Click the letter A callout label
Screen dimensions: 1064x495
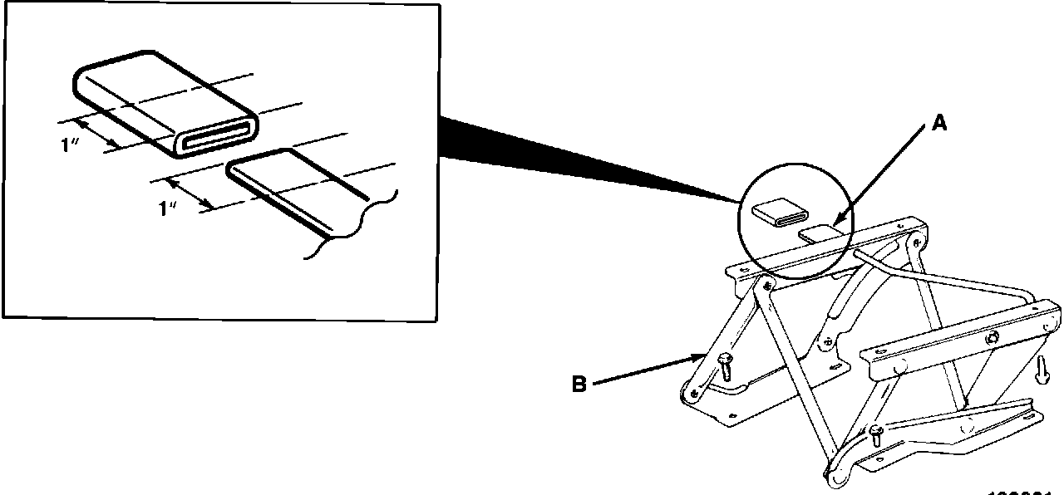938,124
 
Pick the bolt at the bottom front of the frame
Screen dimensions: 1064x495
876,434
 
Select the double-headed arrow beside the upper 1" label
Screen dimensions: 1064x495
96,133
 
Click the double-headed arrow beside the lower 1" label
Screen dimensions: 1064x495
189,194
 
